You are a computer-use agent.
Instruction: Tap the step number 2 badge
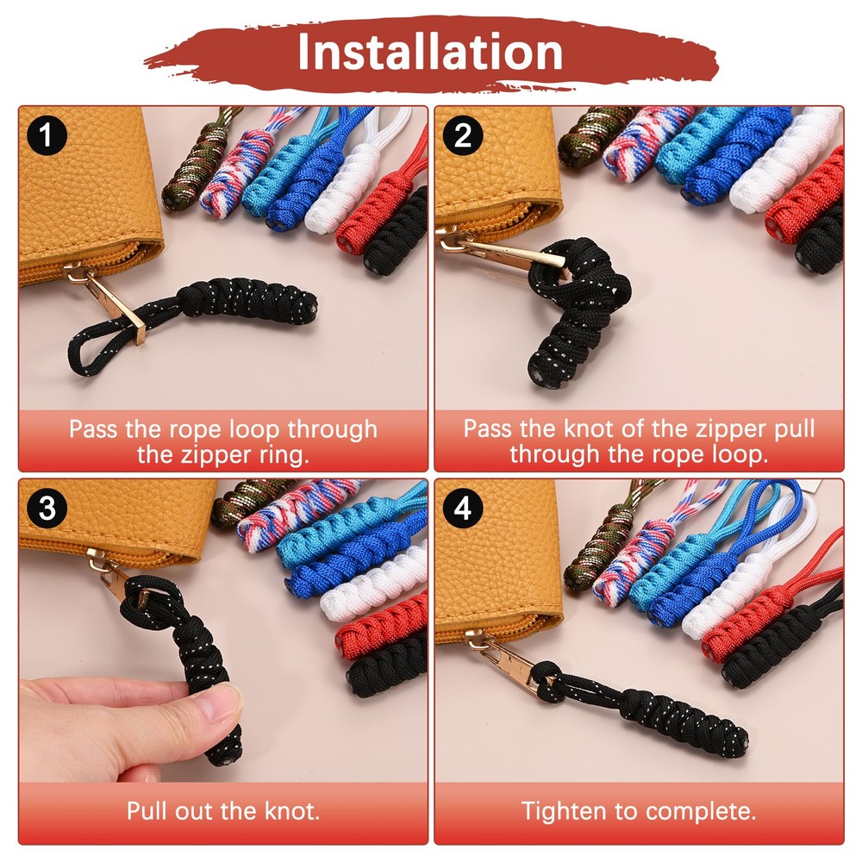463,136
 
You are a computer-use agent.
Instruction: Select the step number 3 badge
47,509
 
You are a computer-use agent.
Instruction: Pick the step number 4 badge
463,509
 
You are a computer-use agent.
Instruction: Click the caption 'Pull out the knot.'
223,811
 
